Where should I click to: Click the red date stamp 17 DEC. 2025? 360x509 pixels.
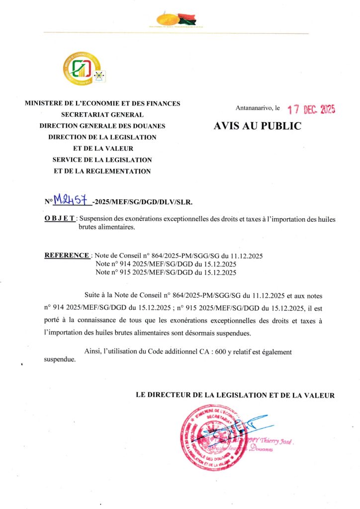point(311,110)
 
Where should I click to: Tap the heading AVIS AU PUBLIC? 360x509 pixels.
point(257,126)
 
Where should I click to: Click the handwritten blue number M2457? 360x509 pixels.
point(72,201)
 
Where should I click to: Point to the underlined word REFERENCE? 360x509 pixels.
point(67,255)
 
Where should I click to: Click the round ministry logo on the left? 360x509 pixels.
point(82,69)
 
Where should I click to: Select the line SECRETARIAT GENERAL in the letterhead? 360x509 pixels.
point(102,115)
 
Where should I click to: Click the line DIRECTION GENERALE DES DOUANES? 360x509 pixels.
point(102,126)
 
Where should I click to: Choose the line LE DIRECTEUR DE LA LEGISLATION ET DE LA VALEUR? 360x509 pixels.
point(235,395)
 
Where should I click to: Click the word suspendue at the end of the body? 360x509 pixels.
point(60,359)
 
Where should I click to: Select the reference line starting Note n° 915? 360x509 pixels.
point(166,272)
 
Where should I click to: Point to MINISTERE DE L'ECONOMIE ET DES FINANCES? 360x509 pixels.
point(102,103)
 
